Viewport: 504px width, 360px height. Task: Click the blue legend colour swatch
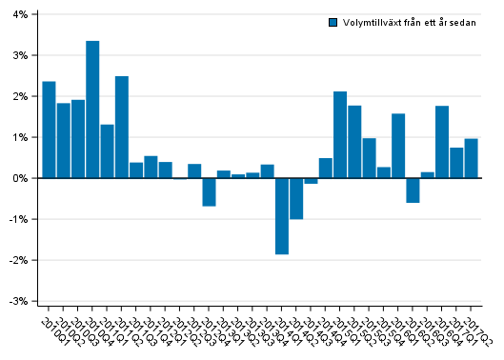point(333,22)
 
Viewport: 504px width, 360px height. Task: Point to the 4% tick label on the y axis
point(20,15)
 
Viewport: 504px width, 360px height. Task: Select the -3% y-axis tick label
point(18,301)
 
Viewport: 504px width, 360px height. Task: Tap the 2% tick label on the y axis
point(20,96)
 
